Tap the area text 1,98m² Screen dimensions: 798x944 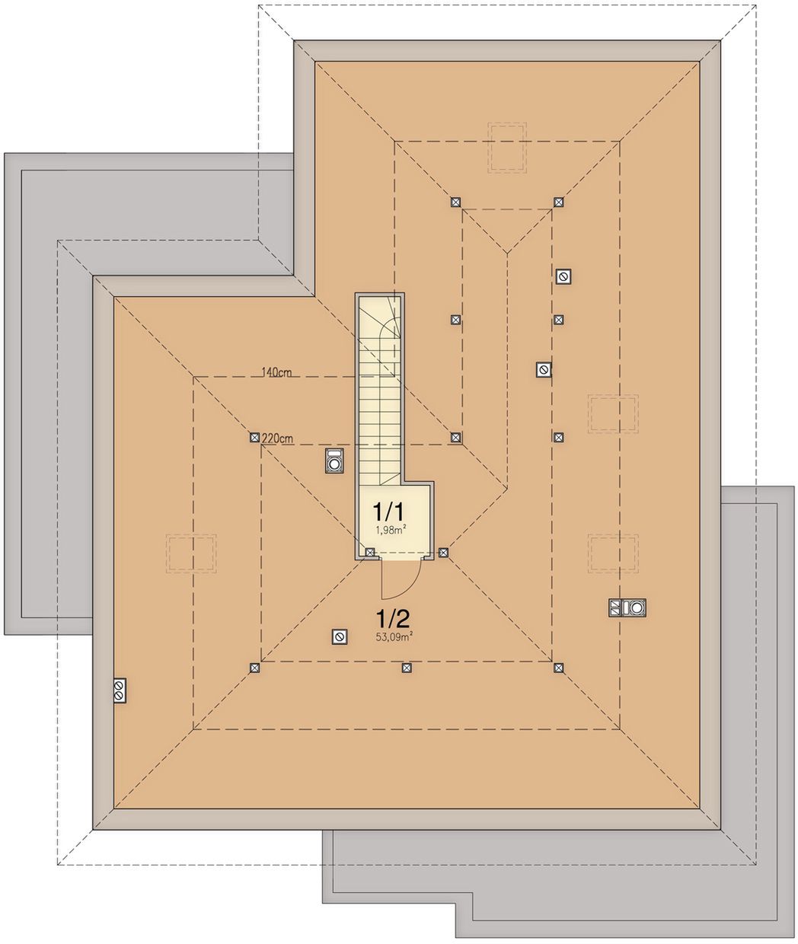click(x=391, y=530)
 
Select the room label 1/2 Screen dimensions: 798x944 click(x=392, y=620)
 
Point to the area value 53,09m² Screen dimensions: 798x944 click(x=391, y=637)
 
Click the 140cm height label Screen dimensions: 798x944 click(x=276, y=372)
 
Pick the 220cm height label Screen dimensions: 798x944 click(x=278, y=439)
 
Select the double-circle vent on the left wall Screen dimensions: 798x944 click(x=120, y=690)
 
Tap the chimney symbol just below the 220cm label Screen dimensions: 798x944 click(x=335, y=461)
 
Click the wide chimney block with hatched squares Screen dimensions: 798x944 click(x=627, y=608)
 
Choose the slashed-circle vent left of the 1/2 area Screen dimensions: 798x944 click(x=340, y=637)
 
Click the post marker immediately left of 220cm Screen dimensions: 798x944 click(x=254, y=438)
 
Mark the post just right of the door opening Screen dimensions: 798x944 click(x=443, y=553)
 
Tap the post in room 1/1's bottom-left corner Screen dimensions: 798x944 click(x=370, y=553)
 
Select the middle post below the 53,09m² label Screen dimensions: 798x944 click(x=407, y=668)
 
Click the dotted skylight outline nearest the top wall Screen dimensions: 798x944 click(x=507, y=147)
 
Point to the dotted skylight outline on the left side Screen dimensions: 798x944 click(x=191, y=553)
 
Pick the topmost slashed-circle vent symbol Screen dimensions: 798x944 click(x=563, y=276)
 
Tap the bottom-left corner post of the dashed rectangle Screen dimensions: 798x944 click(x=254, y=668)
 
